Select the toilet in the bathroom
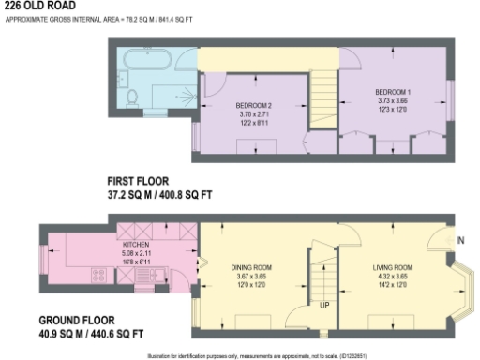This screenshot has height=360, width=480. click(x=134, y=95)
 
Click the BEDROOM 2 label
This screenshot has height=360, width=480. click(x=253, y=104)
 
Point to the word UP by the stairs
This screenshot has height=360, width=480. click(x=323, y=306)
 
